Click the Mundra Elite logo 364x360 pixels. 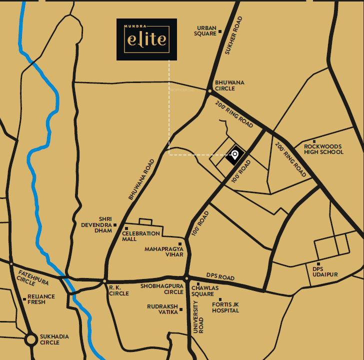point(146,39)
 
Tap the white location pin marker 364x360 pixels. point(234,155)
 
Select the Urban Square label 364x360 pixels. point(205,31)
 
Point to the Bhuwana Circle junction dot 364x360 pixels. point(209,90)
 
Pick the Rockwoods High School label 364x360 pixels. point(324,149)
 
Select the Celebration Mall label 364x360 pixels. point(141,236)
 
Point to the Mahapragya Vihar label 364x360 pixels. point(164,251)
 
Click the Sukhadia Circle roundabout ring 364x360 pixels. point(31,339)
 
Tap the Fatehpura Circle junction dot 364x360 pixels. point(10,262)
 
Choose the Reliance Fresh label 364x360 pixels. point(41,299)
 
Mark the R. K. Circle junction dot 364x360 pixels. point(104,281)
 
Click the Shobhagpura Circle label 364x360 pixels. point(162,289)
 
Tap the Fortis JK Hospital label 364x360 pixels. point(225,307)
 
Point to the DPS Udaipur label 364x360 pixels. point(325,271)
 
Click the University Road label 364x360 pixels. point(198,317)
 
